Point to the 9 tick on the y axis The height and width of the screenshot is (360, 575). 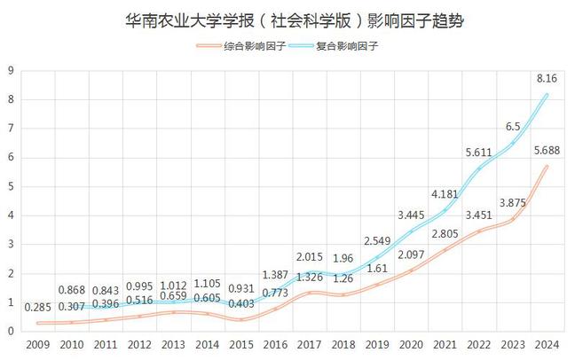pyautogui.click(x=10, y=71)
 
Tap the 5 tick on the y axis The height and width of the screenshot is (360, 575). pyautogui.click(x=10, y=187)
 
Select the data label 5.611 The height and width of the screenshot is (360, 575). pyautogui.click(x=480, y=153)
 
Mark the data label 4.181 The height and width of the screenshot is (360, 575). pyautogui.click(x=446, y=194)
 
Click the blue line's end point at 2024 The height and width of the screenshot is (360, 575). pyautogui.click(x=547, y=95)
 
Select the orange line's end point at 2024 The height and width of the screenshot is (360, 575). pyautogui.click(x=547, y=167)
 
